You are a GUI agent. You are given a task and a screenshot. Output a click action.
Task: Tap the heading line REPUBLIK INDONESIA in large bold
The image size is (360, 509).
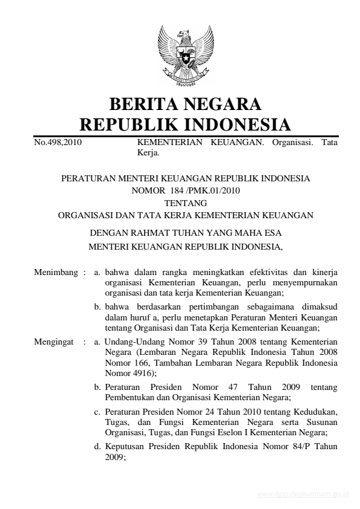(x=186, y=125)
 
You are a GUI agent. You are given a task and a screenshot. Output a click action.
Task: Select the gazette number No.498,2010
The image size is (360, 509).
(x=58, y=143)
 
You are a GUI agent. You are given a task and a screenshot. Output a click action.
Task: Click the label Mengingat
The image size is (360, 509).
(x=54, y=342)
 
